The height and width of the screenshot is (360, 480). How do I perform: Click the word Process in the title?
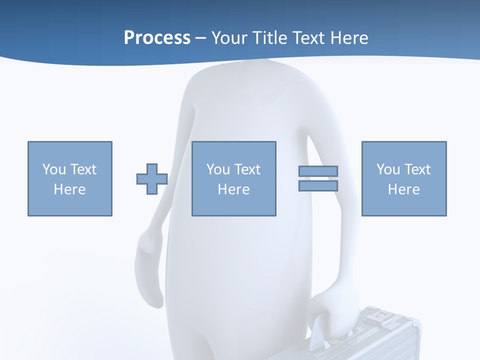click(x=157, y=37)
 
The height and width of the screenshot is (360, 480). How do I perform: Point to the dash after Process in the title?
click(x=200, y=38)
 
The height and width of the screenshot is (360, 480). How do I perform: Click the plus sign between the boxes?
click(x=152, y=179)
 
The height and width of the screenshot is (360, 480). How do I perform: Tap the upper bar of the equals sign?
click(x=318, y=171)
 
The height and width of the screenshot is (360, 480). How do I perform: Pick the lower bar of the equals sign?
click(x=318, y=186)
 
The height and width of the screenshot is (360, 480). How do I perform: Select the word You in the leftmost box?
click(x=54, y=169)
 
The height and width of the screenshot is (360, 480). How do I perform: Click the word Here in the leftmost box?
click(x=69, y=189)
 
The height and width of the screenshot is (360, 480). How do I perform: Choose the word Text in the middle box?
click(x=247, y=169)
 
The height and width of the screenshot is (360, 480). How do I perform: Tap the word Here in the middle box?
click(x=233, y=189)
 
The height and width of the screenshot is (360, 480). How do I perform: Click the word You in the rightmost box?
click(x=388, y=169)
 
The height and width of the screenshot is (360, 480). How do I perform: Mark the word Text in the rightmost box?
click(x=417, y=169)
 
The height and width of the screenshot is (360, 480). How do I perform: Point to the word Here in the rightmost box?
click(x=403, y=189)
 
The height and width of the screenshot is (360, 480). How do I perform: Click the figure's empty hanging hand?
click(x=149, y=250)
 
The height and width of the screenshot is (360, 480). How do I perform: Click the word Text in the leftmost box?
click(x=83, y=169)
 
